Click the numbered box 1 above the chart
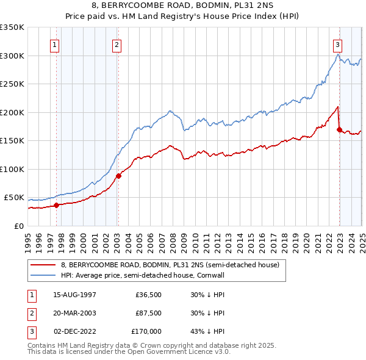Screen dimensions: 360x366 click(x=56, y=44)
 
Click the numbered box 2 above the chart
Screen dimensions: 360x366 click(x=117, y=44)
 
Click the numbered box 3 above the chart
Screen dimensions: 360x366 click(x=337, y=44)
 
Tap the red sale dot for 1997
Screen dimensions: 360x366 click(x=56, y=205)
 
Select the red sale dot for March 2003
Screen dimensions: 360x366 click(x=118, y=176)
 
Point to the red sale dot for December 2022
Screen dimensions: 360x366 click(x=339, y=129)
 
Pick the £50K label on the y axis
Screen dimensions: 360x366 click(x=14, y=198)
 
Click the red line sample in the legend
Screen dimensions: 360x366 click(x=43, y=265)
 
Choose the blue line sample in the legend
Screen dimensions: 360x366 click(x=43, y=275)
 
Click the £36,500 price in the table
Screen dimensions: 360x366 click(x=148, y=295)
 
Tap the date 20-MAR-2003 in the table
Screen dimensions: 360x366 click(x=75, y=313)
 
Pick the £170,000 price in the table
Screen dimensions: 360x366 click(x=146, y=331)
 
